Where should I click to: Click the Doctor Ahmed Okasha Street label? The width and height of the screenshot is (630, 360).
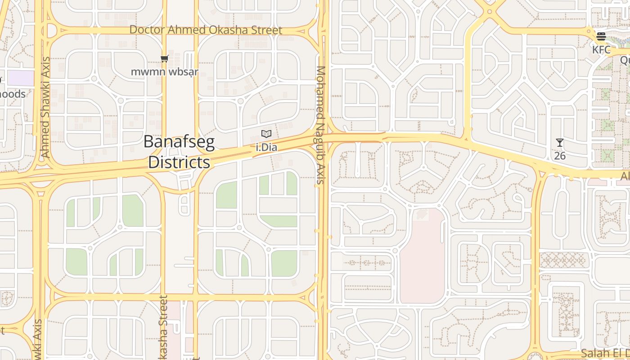pyautogui.click(x=206, y=30)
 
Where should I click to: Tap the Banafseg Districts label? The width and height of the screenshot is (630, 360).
pyautogui.click(x=179, y=152)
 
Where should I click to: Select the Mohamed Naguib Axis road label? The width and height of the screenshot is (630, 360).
pyautogui.click(x=320, y=125)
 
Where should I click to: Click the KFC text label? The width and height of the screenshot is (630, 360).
pyautogui.click(x=601, y=49)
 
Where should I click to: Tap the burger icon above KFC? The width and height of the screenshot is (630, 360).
pyautogui.click(x=601, y=36)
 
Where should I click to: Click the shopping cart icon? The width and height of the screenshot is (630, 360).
pyautogui.click(x=165, y=58)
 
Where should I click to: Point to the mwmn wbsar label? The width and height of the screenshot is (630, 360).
pyautogui.click(x=165, y=72)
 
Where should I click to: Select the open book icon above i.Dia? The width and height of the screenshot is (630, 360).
pyautogui.click(x=266, y=134)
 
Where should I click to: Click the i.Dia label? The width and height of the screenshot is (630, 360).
pyautogui.click(x=266, y=147)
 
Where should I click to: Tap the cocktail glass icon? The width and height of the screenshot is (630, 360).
pyautogui.click(x=560, y=143)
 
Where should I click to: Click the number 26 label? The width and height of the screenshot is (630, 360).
pyautogui.click(x=560, y=156)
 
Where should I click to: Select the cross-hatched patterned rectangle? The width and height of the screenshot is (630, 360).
pyautogui.click(x=564, y=260)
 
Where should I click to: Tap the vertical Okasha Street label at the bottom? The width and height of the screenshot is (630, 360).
pyautogui.click(x=163, y=328)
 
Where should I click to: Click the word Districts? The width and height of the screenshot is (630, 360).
pyautogui.click(x=179, y=162)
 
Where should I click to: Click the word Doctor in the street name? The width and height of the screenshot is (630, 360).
pyautogui.click(x=148, y=30)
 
